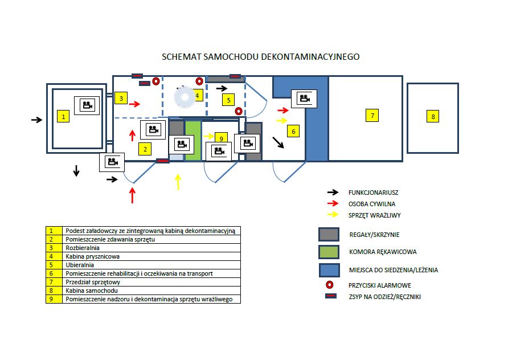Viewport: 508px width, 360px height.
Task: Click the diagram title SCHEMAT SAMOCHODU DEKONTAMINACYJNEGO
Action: (261, 57)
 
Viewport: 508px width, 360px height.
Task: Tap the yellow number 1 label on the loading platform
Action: (64, 117)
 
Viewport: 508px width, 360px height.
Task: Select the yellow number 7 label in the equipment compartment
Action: (372, 116)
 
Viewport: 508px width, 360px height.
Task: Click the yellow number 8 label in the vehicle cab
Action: (433, 117)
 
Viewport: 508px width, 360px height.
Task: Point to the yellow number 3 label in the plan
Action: (121, 98)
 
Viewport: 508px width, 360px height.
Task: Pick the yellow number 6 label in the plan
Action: (293, 132)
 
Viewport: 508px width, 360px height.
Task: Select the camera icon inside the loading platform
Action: (87, 105)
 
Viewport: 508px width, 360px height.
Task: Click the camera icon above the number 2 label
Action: (153, 129)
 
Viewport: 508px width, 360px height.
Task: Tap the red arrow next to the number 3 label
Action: (134, 104)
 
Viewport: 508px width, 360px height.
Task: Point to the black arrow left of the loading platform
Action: (36, 120)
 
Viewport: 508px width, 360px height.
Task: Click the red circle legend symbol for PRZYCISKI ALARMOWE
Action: (329, 285)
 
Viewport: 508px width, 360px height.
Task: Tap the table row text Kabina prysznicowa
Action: (92, 256)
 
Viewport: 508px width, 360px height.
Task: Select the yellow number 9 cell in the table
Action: (54, 299)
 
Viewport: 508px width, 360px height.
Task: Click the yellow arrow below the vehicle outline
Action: (178, 182)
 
